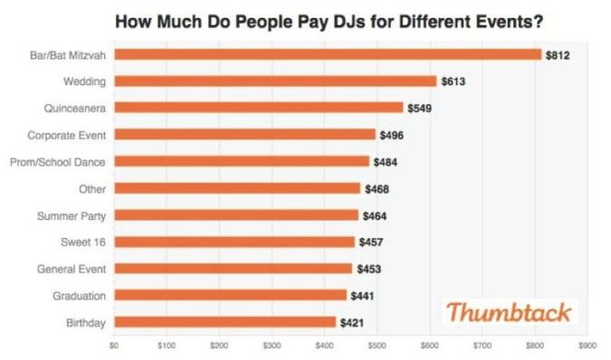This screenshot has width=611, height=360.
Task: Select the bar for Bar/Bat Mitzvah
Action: tap(328, 54)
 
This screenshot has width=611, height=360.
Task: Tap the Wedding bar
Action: tap(275, 81)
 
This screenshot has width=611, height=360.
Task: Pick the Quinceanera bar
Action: tap(259, 108)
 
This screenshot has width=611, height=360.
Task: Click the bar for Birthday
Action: tap(224, 322)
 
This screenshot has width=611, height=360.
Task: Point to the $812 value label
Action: tap(557, 55)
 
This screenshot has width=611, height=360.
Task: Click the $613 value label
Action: tap(453, 81)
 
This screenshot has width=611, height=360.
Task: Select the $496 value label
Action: tap(391, 135)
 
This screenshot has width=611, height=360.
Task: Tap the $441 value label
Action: tap(362, 296)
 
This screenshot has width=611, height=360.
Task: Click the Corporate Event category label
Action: tap(67, 135)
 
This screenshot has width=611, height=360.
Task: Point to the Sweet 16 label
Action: tap(82, 242)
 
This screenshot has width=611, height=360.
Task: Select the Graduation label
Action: tap(79, 296)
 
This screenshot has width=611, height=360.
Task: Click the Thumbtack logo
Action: tap(510, 313)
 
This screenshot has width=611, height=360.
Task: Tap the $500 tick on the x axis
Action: tap(377, 345)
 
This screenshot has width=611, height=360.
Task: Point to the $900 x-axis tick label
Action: tap(587, 345)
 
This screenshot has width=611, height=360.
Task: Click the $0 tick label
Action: tap(114, 345)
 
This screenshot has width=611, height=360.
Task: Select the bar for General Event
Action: tap(233, 269)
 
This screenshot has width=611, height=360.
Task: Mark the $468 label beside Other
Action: tap(377, 189)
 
